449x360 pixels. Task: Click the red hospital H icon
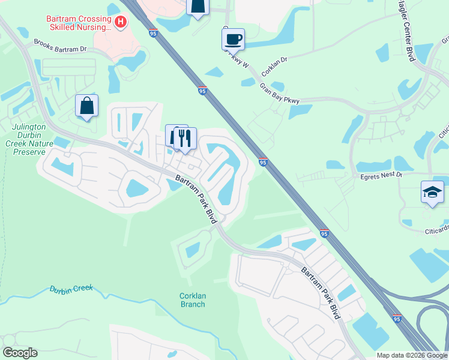pos(121,23)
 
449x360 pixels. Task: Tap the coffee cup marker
pos(233,40)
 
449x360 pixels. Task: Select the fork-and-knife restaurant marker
pos(185,138)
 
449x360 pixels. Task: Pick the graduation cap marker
pos(432,192)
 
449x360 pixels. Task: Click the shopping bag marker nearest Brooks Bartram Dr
pos(87,106)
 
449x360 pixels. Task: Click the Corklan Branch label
pos(192,300)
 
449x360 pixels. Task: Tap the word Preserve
pos(29,152)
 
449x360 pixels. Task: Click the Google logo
pos(20,353)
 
